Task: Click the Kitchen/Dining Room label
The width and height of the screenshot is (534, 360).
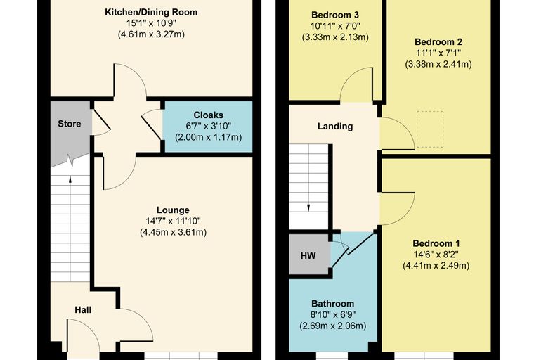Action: [151, 12]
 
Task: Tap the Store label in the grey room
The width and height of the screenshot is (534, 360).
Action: [70, 124]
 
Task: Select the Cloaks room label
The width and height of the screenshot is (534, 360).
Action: [209, 115]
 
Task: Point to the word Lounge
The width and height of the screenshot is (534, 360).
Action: [173, 210]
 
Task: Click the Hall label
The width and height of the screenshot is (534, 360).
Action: [83, 310]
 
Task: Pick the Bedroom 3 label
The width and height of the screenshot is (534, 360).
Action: [335, 15]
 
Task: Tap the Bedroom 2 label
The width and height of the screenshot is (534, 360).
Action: [438, 42]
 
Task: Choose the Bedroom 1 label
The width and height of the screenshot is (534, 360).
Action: [436, 243]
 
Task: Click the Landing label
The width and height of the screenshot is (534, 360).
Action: [335, 127]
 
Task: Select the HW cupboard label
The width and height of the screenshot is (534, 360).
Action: [308, 256]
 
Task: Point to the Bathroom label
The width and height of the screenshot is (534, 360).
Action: [333, 304]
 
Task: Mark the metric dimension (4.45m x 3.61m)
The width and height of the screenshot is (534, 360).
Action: [173, 232]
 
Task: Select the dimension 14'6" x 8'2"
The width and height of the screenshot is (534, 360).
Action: [436, 255]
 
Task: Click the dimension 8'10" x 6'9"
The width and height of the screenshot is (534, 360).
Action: [333, 314]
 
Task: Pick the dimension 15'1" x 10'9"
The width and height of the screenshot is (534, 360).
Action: [151, 23]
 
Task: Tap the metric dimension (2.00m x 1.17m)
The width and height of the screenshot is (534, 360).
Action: [209, 137]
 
